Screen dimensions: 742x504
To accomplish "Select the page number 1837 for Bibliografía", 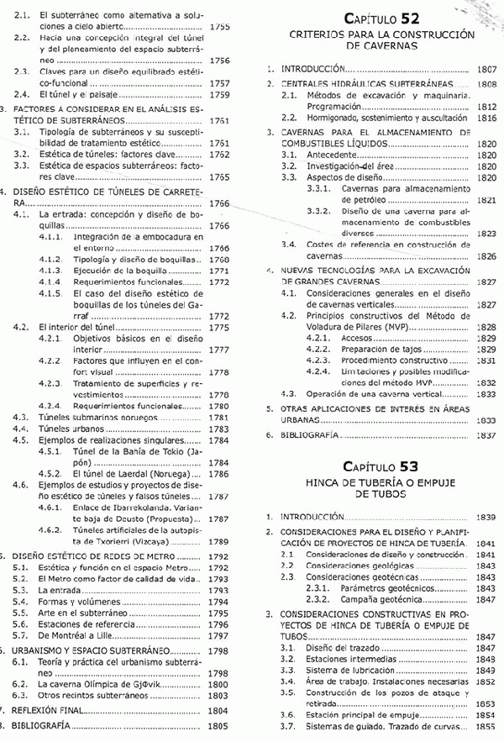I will (486, 435).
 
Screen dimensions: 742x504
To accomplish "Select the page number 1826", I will (486, 255).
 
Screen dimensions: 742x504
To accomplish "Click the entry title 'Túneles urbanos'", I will (74, 429).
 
